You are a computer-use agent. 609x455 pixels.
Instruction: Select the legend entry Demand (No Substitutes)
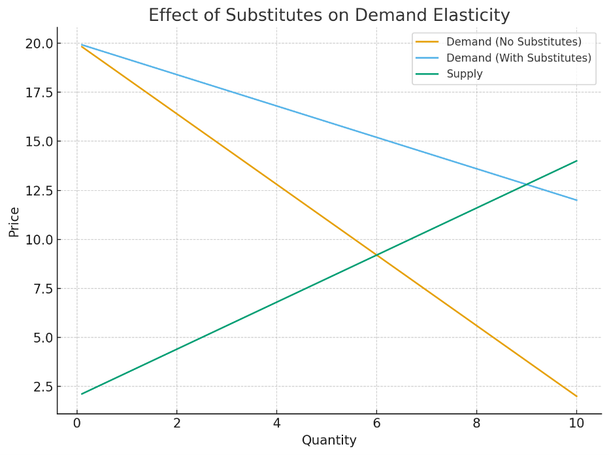click(514, 42)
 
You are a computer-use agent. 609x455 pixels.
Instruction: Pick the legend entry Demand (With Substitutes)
click(519, 58)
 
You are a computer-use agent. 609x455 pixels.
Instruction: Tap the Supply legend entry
click(464, 74)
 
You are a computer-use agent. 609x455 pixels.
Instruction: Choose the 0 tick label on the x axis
click(76, 423)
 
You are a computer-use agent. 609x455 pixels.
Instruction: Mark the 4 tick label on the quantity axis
click(276, 423)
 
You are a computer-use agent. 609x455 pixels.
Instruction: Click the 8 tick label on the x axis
click(476, 423)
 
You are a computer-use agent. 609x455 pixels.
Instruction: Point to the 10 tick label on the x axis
click(576, 423)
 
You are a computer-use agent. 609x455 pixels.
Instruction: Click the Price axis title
click(14, 222)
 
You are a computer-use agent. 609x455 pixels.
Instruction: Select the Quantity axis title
click(329, 440)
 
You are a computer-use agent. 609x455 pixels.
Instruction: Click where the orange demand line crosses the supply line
click(376, 255)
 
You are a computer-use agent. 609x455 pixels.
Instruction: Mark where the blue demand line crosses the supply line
click(526, 184)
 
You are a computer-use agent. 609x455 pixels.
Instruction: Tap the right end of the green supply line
click(576, 161)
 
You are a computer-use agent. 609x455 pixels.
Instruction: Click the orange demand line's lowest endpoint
click(576, 396)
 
